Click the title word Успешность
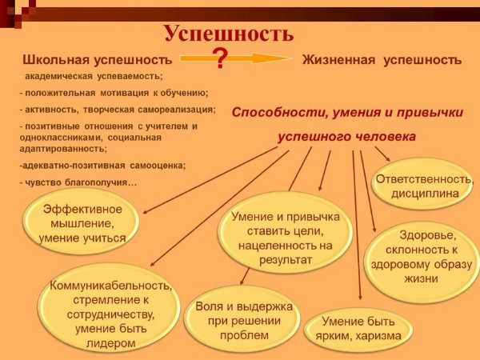pyautogui.click(x=229, y=33)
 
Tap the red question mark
pyautogui.click(x=220, y=58)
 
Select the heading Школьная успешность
pyautogui.click(x=98, y=60)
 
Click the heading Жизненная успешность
pyautogui.click(x=382, y=60)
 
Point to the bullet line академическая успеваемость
pyautogui.click(x=94, y=76)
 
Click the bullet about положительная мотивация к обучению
pyautogui.click(x=114, y=93)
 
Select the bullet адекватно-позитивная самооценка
pyautogui.click(x=102, y=166)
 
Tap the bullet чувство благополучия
pyautogui.click(x=78, y=182)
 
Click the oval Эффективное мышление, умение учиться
pyautogui.click(x=81, y=222)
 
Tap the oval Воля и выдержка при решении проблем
pyautogui.click(x=242, y=318)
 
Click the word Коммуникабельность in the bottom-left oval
pyautogui.click(x=110, y=286)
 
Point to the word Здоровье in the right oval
pyautogui.click(x=428, y=235)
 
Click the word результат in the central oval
pyautogui.click(x=286, y=260)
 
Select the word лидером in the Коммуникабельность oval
pyautogui.click(x=110, y=343)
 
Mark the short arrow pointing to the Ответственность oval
pyautogui.click(x=382, y=154)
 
